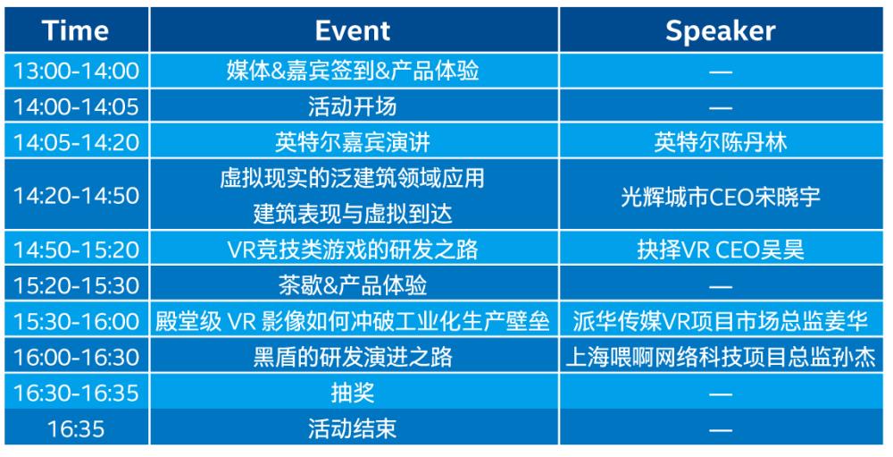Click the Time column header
point(75,30)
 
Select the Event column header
point(353,30)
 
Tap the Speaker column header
point(721,30)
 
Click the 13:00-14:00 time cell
point(76,71)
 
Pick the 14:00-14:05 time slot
point(76,106)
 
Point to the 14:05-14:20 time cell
point(76,142)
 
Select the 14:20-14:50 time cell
point(76,196)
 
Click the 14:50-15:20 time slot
point(76,250)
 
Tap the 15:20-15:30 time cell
point(76,285)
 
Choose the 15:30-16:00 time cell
point(76,321)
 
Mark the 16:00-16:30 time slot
point(76,357)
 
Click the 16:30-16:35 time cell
point(76,394)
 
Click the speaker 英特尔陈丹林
point(721,142)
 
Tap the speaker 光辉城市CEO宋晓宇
point(721,196)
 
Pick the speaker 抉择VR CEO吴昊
point(721,250)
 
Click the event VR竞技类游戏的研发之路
point(353,250)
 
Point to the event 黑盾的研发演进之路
point(353,357)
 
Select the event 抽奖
point(353,394)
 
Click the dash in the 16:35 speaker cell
point(721,429)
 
